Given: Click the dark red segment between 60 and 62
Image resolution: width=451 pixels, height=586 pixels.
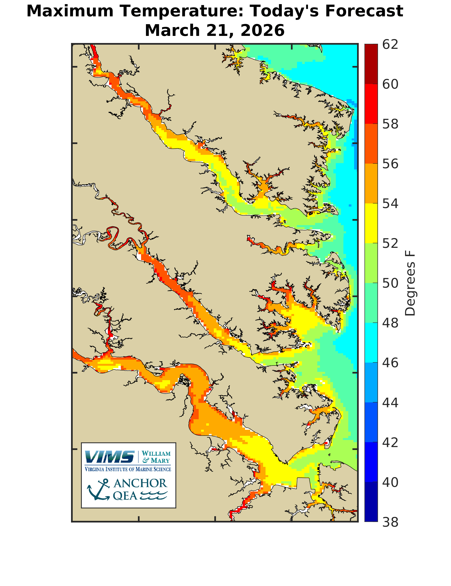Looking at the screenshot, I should tap(371, 64).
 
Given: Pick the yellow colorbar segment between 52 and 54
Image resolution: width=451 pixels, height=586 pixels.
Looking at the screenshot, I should tap(371, 223).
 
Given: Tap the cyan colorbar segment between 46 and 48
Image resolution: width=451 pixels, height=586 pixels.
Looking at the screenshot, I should tap(371, 343).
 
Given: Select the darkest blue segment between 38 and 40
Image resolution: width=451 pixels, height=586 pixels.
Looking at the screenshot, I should tap(371, 502).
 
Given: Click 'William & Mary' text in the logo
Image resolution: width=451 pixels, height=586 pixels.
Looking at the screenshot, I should tap(156, 457).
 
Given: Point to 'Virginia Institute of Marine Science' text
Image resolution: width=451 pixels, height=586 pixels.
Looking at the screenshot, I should tap(128, 469).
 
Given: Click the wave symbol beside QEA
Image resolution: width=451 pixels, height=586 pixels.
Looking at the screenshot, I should tap(154, 496).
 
